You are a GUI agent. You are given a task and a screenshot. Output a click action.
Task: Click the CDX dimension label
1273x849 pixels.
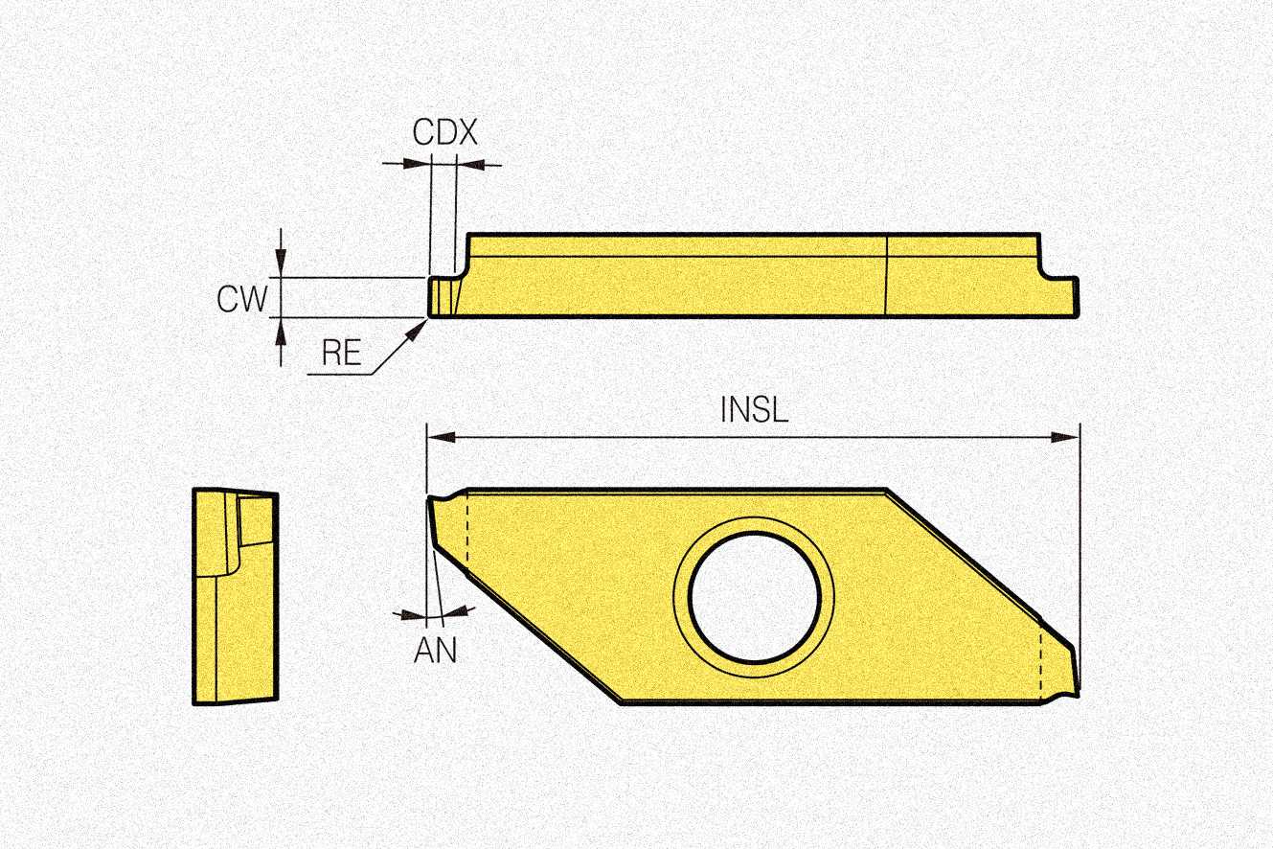444,132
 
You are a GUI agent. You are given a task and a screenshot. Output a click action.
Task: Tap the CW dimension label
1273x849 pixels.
241,300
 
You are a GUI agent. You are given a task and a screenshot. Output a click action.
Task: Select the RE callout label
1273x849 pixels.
341,354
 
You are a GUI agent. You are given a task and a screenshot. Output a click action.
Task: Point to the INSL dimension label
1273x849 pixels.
754,410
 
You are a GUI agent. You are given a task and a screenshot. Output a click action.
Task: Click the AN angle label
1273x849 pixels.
436,651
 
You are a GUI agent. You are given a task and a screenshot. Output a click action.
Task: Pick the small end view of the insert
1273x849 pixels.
236,595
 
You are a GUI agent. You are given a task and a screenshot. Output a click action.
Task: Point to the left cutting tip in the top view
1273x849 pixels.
432,498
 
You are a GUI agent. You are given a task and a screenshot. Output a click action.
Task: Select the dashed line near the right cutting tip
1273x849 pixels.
1041,662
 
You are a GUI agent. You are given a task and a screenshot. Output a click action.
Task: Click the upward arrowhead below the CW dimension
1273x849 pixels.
280,330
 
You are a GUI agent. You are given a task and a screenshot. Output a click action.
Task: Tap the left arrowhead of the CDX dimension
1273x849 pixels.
418,165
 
